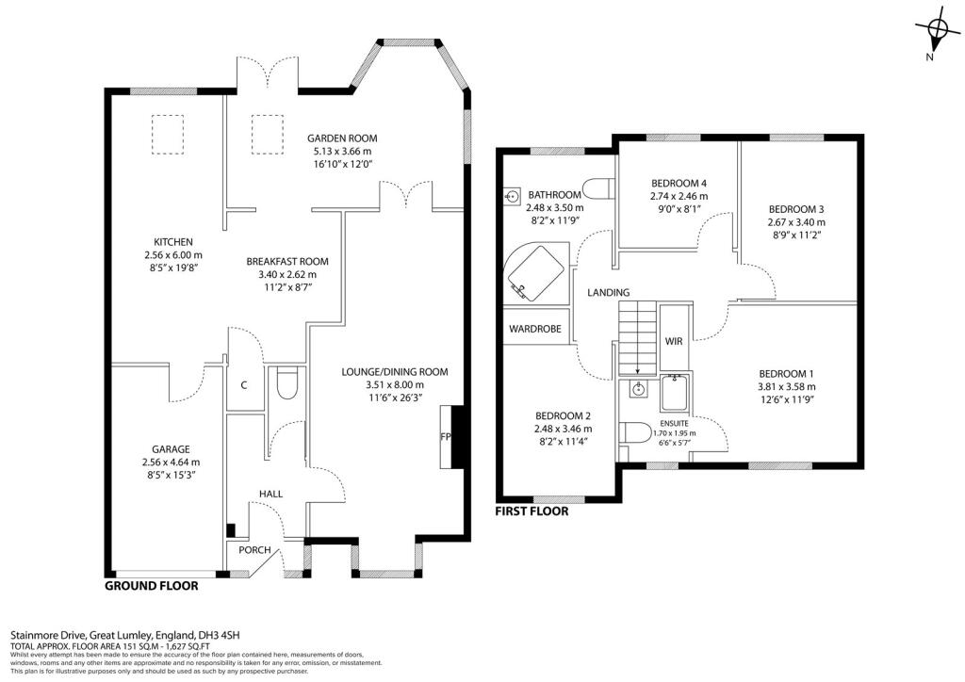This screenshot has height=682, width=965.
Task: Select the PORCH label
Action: point(253,551)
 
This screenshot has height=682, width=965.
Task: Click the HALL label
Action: point(270,494)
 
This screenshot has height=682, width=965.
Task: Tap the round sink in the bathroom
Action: point(513,197)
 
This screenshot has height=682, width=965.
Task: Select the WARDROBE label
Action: point(535,330)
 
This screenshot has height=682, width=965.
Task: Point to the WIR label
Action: point(674,340)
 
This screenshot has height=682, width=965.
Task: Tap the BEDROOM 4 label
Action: point(678,183)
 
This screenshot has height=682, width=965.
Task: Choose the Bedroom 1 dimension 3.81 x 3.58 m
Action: point(786,386)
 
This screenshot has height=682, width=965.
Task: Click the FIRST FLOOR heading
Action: point(532,512)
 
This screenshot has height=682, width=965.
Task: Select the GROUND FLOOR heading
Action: point(151,585)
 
